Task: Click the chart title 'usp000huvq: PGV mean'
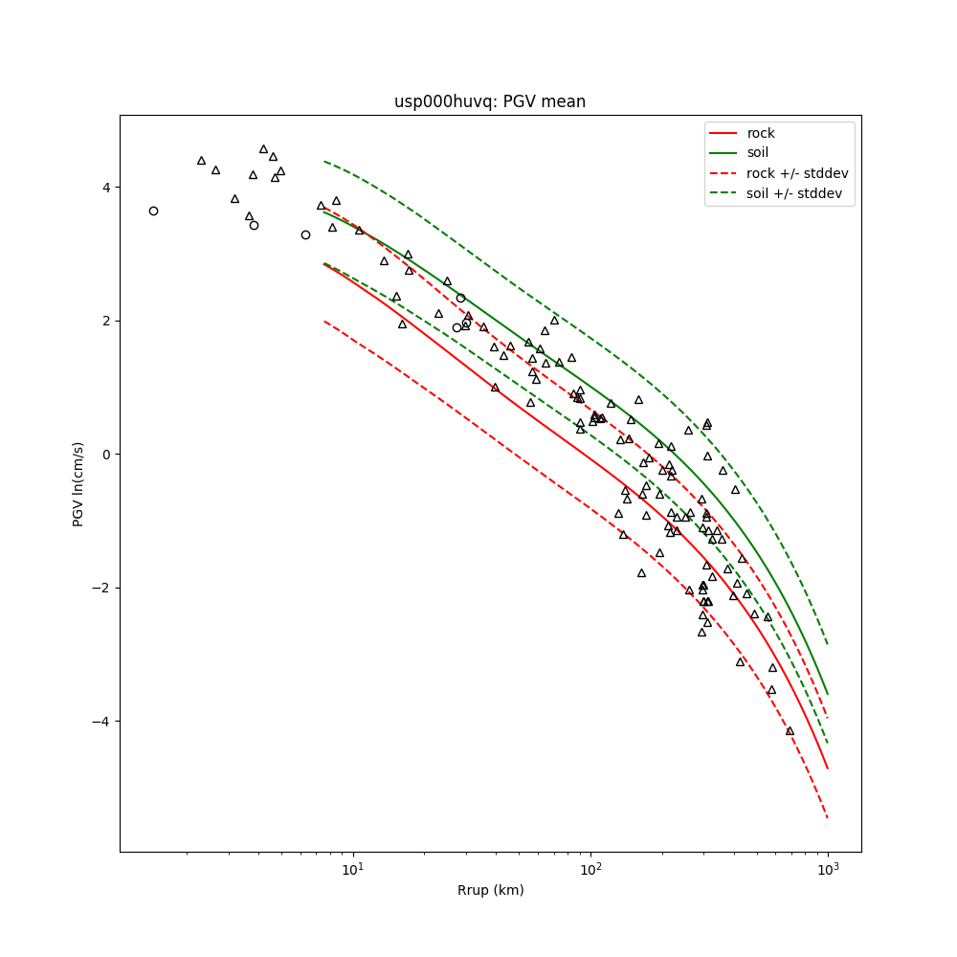[490, 101]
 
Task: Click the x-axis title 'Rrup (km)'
[490, 890]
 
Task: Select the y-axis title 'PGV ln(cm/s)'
[78, 483]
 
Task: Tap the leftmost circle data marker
[153, 211]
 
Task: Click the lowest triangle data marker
[790, 731]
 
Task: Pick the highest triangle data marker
[263, 149]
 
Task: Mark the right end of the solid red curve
[828, 768]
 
